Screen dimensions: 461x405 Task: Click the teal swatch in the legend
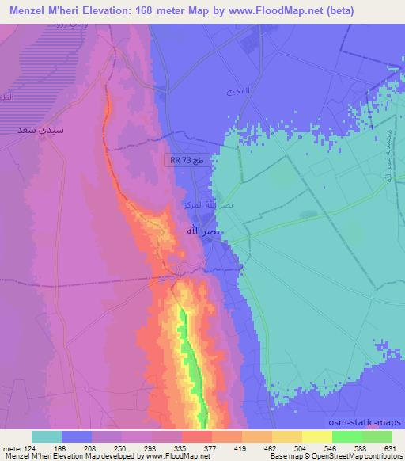pyautogui.click(x=47, y=436)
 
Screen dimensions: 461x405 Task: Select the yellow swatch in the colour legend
pyautogui.click(x=316, y=436)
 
